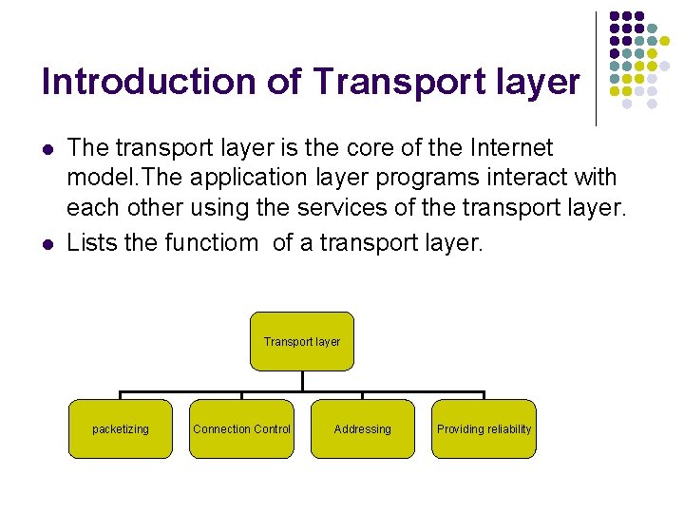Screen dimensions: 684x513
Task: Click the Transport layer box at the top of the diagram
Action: (x=301, y=341)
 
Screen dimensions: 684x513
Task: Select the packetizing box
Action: (x=121, y=428)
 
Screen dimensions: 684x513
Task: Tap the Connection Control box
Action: (x=241, y=428)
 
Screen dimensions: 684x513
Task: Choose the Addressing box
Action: (x=362, y=428)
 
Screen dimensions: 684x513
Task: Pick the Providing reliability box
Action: (x=484, y=428)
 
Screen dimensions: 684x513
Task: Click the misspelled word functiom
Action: (x=211, y=242)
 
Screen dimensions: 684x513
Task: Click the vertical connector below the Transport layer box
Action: (x=302, y=380)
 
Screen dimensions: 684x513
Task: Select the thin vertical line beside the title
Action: (x=596, y=68)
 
